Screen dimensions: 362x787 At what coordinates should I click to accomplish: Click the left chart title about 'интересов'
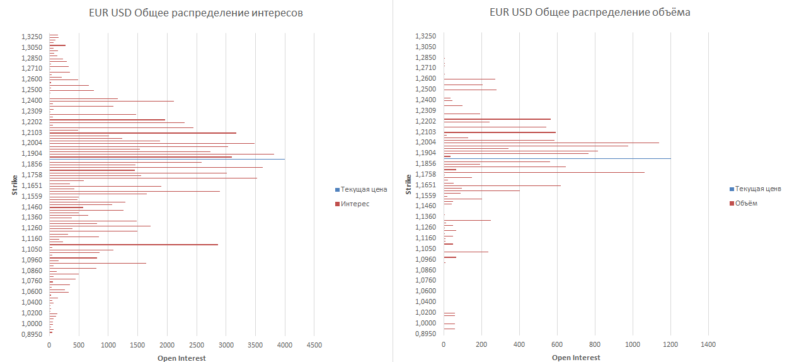(x=195, y=13)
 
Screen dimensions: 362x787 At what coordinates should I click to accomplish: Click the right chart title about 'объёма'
(x=590, y=13)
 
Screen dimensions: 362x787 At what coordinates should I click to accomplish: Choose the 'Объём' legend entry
(x=747, y=203)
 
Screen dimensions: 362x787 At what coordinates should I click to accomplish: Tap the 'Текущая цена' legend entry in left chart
(x=364, y=189)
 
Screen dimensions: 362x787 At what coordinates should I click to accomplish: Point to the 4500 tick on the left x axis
(x=314, y=345)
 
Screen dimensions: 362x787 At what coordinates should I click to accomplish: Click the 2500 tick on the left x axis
(x=197, y=345)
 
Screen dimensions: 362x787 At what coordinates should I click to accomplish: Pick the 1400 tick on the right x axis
(x=708, y=345)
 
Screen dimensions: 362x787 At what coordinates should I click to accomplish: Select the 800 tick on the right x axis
(x=595, y=345)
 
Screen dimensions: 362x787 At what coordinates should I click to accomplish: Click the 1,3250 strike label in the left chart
(x=32, y=37)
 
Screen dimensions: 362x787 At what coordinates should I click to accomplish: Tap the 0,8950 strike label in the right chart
(x=426, y=334)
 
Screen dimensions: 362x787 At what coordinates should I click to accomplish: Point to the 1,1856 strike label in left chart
(x=32, y=164)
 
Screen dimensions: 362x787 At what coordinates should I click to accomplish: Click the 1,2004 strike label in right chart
(x=426, y=143)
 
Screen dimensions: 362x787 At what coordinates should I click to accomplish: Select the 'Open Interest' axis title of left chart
(x=181, y=358)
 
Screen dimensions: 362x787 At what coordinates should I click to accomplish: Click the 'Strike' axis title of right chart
(x=408, y=185)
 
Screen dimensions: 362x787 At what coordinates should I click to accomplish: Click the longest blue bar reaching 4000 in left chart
(x=189, y=159)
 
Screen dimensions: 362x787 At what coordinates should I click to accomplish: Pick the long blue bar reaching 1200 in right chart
(x=567, y=158)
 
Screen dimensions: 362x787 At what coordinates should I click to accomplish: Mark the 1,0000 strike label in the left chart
(x=32, y=323)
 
